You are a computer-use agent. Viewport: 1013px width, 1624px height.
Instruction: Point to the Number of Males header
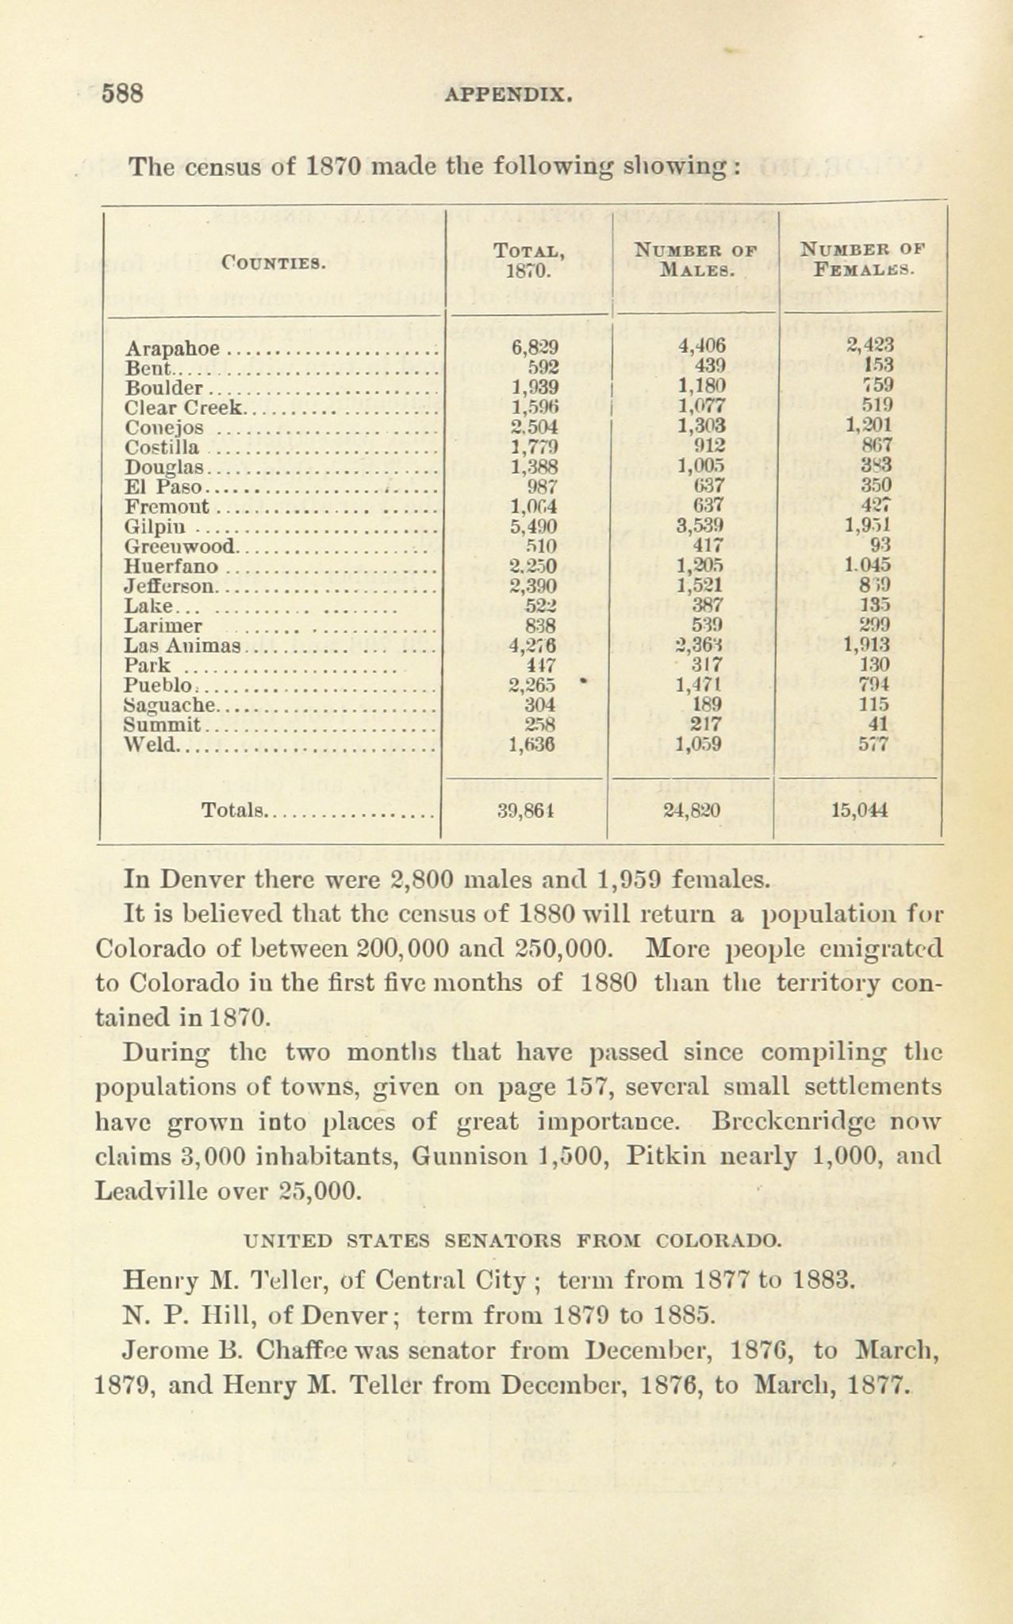696,259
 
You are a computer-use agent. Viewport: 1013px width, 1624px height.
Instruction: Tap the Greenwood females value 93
881,545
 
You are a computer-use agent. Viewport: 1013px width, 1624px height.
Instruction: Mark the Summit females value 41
881,724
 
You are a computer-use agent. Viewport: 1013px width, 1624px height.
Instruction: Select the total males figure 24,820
695,810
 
